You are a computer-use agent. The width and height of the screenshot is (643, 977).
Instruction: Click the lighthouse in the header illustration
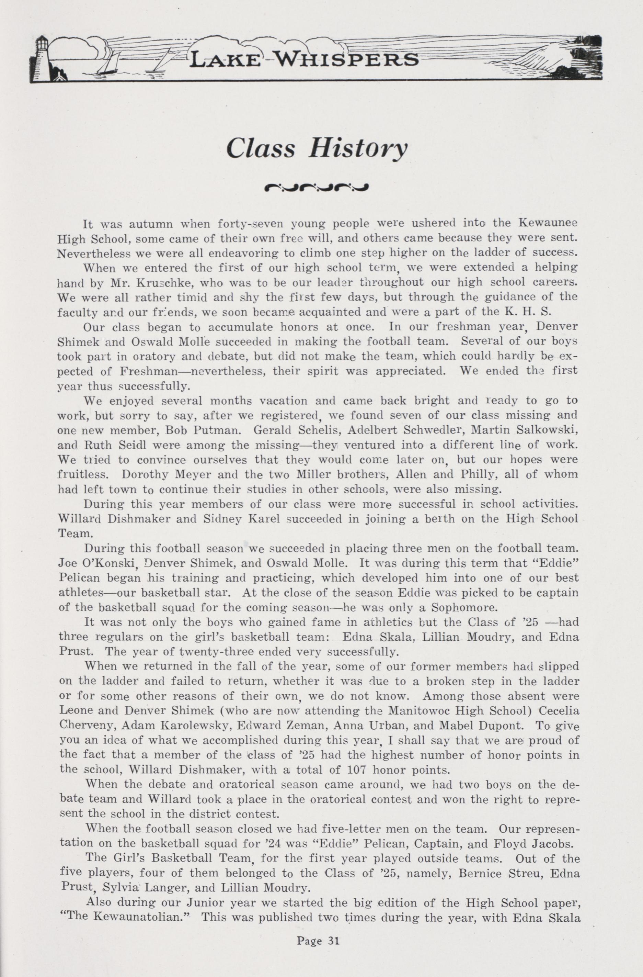[41, 57]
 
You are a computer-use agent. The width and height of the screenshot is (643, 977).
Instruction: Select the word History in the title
[358, 149]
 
